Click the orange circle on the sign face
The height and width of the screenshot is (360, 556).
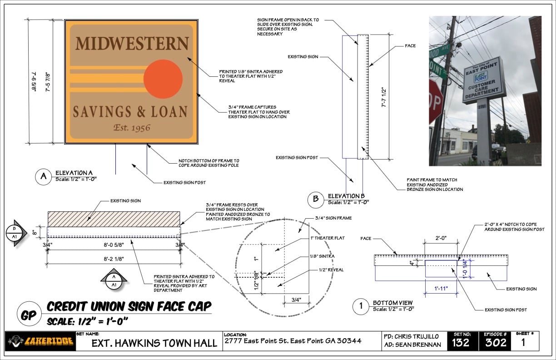point(163,79)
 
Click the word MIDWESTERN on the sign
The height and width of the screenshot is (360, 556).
point(132,44)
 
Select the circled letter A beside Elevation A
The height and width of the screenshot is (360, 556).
point(44,177)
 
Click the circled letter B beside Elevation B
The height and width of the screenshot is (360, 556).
point(315,199)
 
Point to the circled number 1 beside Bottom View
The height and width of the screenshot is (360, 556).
point(361,306)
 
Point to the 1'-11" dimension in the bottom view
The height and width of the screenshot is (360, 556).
point(441,288)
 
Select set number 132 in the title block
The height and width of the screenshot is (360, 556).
point(461,342)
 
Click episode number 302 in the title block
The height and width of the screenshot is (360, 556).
point(496,342)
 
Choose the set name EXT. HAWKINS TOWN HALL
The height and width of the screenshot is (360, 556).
point(154,343)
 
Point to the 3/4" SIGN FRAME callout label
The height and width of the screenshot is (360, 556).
point(333,218)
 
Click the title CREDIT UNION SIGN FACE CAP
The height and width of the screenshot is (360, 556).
point(129,306)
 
